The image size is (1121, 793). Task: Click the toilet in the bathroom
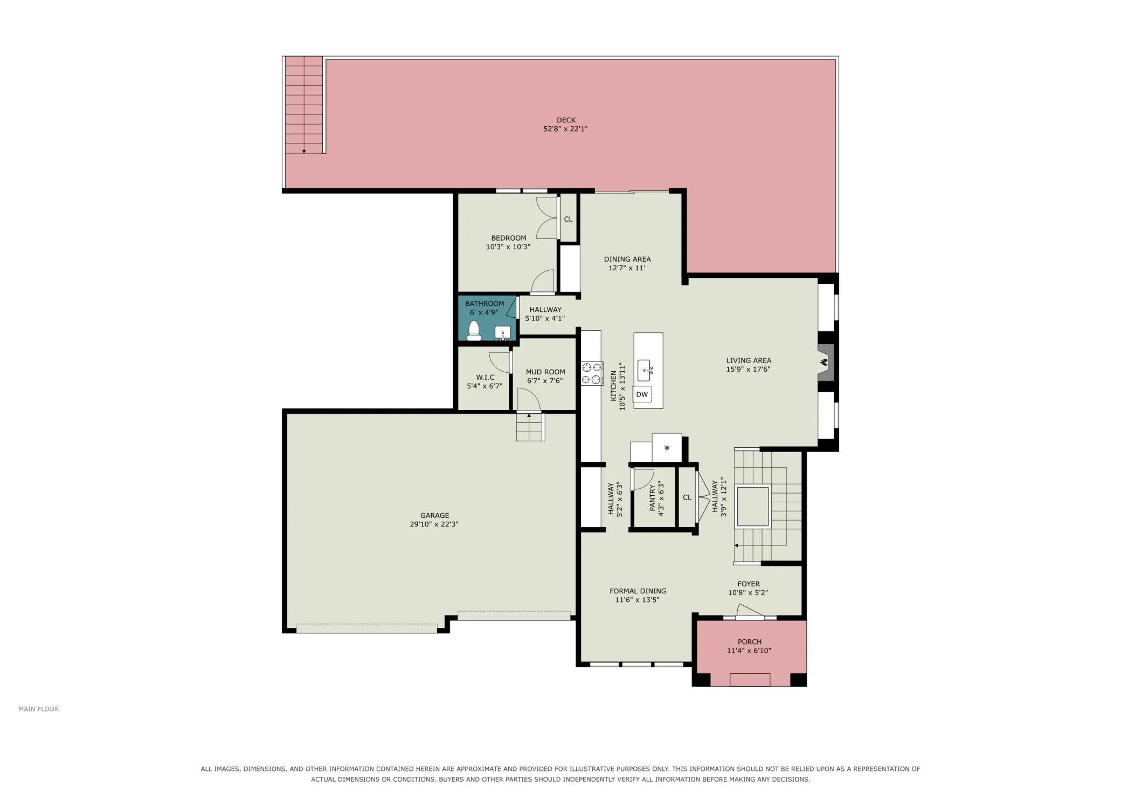point(474,331)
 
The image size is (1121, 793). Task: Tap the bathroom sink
point(502,332)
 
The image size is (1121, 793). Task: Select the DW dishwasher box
point(642,394)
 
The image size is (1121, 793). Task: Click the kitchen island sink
point(645,370)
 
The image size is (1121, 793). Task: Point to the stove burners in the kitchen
point(592,373)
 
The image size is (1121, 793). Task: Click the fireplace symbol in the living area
point(825,363)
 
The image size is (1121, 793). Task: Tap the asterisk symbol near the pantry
point(667,448)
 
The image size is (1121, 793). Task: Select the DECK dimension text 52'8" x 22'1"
point(565,129)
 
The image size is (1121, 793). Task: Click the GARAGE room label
point(434,515)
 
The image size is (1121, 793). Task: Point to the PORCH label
point(749,642)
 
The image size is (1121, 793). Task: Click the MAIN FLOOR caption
point(38,709)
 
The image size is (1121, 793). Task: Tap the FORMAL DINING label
point(638,591)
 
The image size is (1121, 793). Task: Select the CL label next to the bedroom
point(568,219)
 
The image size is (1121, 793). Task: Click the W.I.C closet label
point(485,377)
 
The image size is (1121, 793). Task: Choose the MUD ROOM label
point(545,372)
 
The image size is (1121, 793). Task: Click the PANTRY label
point(652,497)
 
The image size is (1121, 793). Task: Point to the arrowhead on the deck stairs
point(304,152)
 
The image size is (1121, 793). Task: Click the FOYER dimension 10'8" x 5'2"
point(748,592)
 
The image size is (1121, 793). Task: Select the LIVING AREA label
point(749,360)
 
